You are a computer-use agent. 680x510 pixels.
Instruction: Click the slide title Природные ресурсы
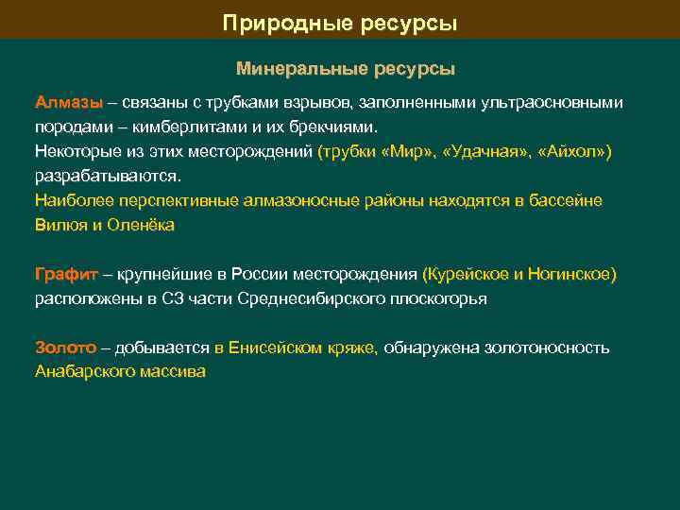point(340,22)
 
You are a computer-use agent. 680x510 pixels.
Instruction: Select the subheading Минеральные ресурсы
point(345,70)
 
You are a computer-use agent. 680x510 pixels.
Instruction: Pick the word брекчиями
point(332,127)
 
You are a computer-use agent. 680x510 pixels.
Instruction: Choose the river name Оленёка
point(142,225)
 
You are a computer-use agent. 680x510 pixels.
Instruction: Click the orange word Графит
point(66,275)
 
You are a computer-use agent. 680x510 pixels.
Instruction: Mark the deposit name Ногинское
point(570,275)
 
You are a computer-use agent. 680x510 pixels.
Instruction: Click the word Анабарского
point(82,373)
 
